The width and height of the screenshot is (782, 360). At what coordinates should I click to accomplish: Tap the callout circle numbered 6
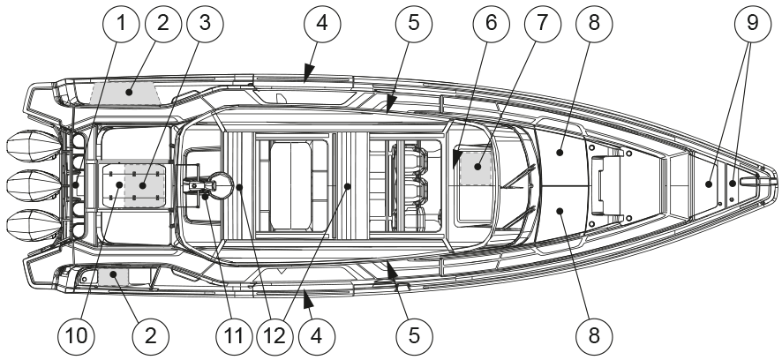pos(492,25)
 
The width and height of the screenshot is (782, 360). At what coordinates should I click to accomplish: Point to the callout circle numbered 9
pos(752,25)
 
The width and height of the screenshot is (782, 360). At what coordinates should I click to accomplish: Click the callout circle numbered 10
pos(78,335)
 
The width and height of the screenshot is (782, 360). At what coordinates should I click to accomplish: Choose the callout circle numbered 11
pos(234,335)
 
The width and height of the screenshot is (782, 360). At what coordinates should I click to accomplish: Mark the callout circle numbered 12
pos(275,335)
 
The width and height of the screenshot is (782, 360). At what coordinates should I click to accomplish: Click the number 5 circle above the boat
pos(414,25)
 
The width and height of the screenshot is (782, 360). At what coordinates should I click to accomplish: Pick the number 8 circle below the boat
pos(593,335)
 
